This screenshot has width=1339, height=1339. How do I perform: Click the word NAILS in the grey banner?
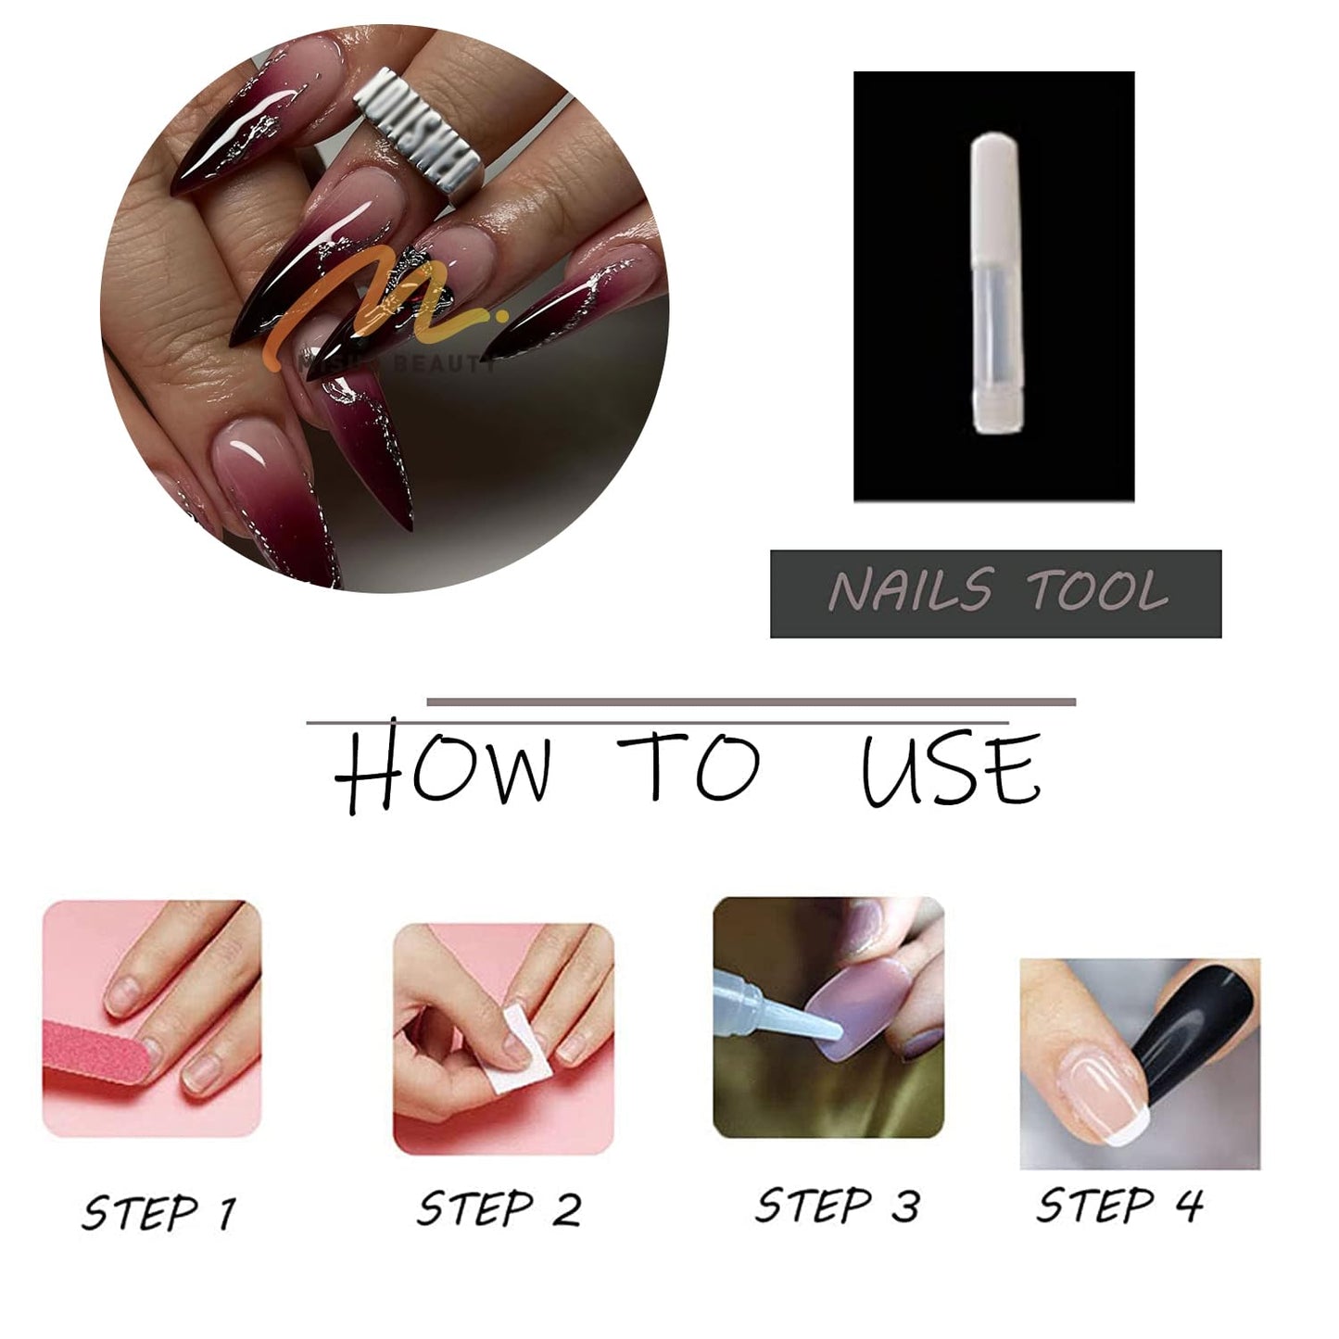pyautogui.click(x=910, y=592)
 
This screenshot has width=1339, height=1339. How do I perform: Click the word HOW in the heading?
pyautogui.click(x=442, y=771)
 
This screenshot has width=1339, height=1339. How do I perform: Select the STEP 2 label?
pyautogui.click(x=499, y=1209)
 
